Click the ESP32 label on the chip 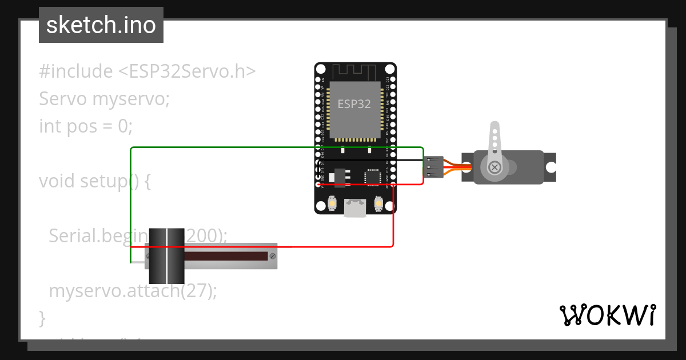354,104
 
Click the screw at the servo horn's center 494,167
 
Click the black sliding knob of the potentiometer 166,256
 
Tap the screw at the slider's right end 273,256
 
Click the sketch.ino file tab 101,25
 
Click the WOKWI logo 607,315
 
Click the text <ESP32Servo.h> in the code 187,71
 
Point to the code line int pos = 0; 86,126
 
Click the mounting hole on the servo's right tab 551,167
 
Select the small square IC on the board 372,177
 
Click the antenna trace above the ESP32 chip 355,72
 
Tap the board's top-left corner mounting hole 320,69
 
